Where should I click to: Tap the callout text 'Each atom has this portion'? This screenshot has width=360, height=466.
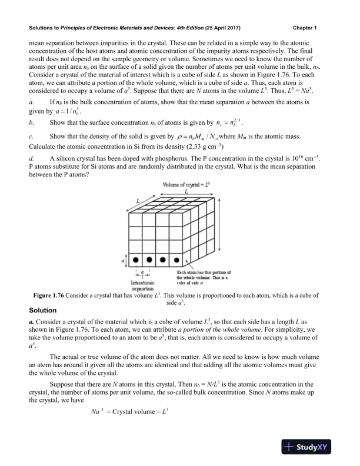coord(202,273)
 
